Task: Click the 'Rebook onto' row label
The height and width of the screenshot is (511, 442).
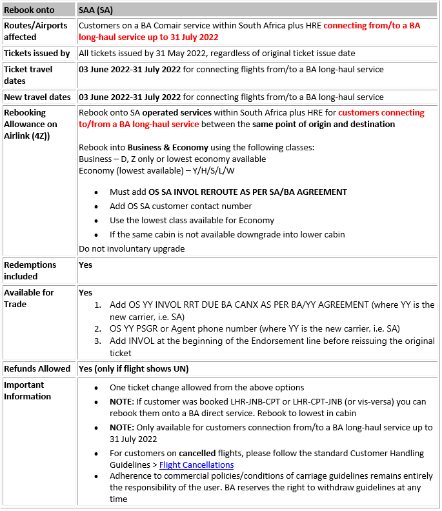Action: coord(29,10)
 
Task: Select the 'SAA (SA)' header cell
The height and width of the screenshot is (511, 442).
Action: coord(97,10)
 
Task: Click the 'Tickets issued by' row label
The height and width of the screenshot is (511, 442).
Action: coord(37,53)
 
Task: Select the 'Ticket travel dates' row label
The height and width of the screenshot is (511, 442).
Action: coord(28,75)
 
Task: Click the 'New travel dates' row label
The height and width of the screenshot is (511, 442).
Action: coord(37,97)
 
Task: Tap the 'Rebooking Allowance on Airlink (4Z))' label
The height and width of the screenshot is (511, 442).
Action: coord(30,124)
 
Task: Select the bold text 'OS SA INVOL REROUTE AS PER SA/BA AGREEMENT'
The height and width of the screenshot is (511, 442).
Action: coord(248,192)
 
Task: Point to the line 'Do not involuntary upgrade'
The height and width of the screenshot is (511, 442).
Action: coord(132,248)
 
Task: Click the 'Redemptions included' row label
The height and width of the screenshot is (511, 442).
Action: coord(30,270)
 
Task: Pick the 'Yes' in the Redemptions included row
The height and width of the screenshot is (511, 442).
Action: coord(85,265)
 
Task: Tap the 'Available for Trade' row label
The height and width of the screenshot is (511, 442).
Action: coord(29,298)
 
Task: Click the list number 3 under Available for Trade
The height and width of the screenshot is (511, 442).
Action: coord(98,341)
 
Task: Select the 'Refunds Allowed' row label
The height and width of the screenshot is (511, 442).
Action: coord(37,368)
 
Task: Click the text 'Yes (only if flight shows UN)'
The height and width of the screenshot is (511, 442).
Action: coord(134,368)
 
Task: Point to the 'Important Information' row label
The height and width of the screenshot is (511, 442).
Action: coord(27,390)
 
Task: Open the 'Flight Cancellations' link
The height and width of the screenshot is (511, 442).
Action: coord(196,465)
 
